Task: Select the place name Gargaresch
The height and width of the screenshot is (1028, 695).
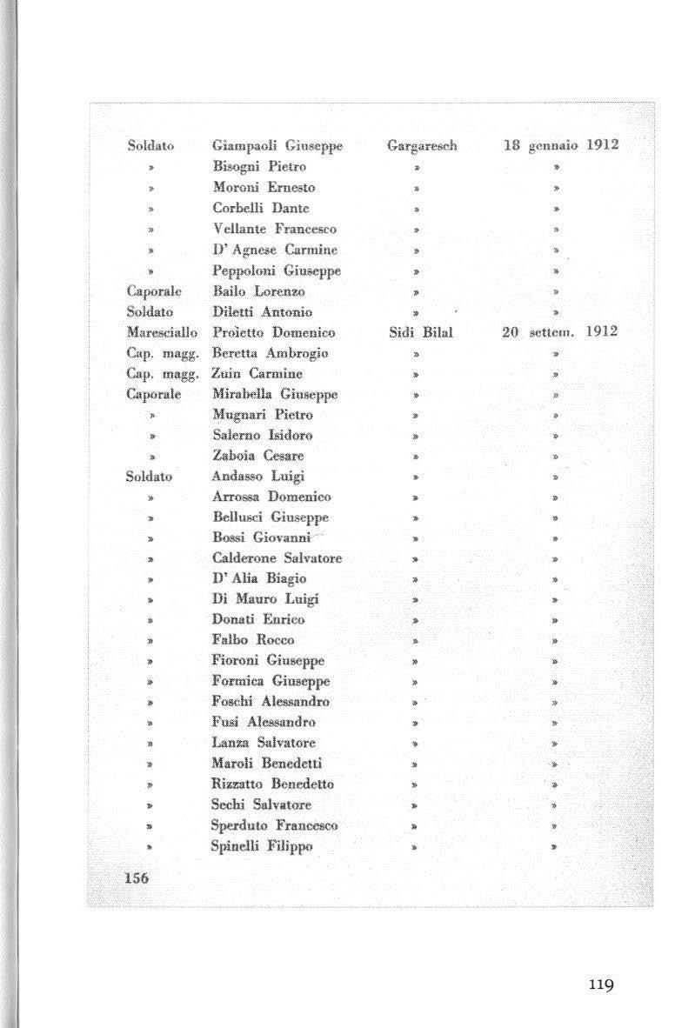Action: [422, 146]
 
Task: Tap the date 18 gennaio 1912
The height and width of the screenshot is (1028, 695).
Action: [561, 145]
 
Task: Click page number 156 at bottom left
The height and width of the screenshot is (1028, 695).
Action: [137, 878]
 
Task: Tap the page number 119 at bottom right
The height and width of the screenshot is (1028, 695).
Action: [600, 985]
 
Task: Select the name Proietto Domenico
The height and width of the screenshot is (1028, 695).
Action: [273, 332]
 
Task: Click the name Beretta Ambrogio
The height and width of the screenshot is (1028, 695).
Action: [271, 353]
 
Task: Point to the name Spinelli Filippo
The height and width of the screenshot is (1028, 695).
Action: [262, 845]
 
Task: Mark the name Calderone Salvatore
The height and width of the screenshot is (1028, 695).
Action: [277, 558]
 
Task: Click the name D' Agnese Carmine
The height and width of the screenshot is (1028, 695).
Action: [269, 250]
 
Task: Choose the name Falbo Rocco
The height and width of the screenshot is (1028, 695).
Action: [253, 640]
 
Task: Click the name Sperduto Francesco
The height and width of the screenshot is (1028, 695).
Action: [274, 824]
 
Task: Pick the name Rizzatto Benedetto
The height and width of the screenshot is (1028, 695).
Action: [272, 784]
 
